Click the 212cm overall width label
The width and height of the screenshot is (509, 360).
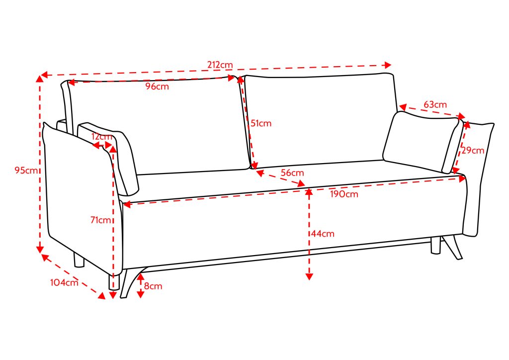click(x=220, y=65)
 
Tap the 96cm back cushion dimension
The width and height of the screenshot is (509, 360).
click(x=157, y=87)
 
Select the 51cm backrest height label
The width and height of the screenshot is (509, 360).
click(x=261, y=123)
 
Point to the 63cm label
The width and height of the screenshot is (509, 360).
click(x=435, y=104)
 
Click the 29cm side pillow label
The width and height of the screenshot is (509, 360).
click(x=473, y=150)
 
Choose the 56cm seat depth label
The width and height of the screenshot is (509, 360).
click(x=292, y=173)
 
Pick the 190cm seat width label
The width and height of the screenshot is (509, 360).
click(x=344, y=194)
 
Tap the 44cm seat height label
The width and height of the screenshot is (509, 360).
click(x=323, y=234)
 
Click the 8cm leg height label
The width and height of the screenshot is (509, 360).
click(x=153, y=286)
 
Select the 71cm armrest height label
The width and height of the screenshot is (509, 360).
click(x=101, y=220)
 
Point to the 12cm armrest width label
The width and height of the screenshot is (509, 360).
click(x=101, y=137)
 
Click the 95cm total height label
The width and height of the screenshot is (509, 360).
click(x=26, y=170)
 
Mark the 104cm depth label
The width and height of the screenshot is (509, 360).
click(x=64, y=282)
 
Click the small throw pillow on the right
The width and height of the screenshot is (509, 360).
click(x=423, y=142)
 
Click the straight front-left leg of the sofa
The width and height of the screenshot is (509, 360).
click(x=114, y=282)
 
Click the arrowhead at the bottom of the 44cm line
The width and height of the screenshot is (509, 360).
click(x=309, y=276)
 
